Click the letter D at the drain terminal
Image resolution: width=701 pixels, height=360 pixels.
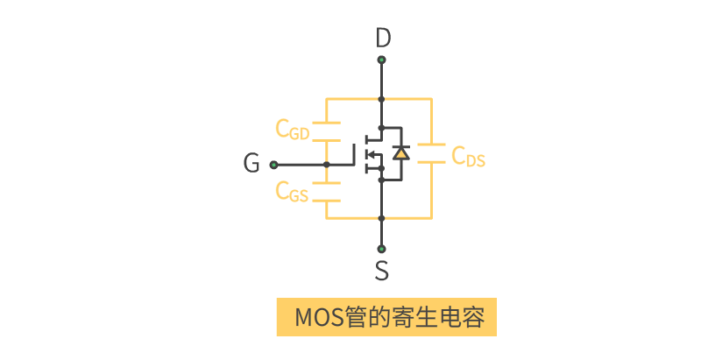click(382, 39)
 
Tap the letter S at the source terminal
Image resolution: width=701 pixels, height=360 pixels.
click(382, 271)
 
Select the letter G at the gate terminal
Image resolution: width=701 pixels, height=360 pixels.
click(251, 164)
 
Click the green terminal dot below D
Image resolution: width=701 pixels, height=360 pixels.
click(381, 60)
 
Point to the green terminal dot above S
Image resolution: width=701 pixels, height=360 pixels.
click(381, 247)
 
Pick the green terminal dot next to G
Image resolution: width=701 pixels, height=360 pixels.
click(273, 164)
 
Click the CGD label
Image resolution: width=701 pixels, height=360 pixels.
click(293, 130)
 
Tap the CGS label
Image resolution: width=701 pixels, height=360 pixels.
click(292, 191)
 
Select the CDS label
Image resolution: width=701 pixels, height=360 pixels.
click(468, 157)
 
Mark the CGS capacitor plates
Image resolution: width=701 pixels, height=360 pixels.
click(326, 193)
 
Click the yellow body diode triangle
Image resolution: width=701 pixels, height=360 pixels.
click(400, 152)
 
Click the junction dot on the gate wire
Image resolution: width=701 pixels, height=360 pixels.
click(326, 164)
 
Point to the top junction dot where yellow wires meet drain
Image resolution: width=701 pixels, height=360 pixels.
click(381, 99)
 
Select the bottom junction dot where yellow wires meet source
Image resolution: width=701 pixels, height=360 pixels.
click(381, 217)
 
